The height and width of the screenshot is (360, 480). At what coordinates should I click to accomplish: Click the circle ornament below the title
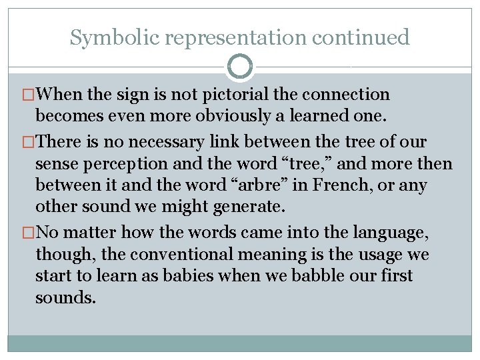pos(240,67)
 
